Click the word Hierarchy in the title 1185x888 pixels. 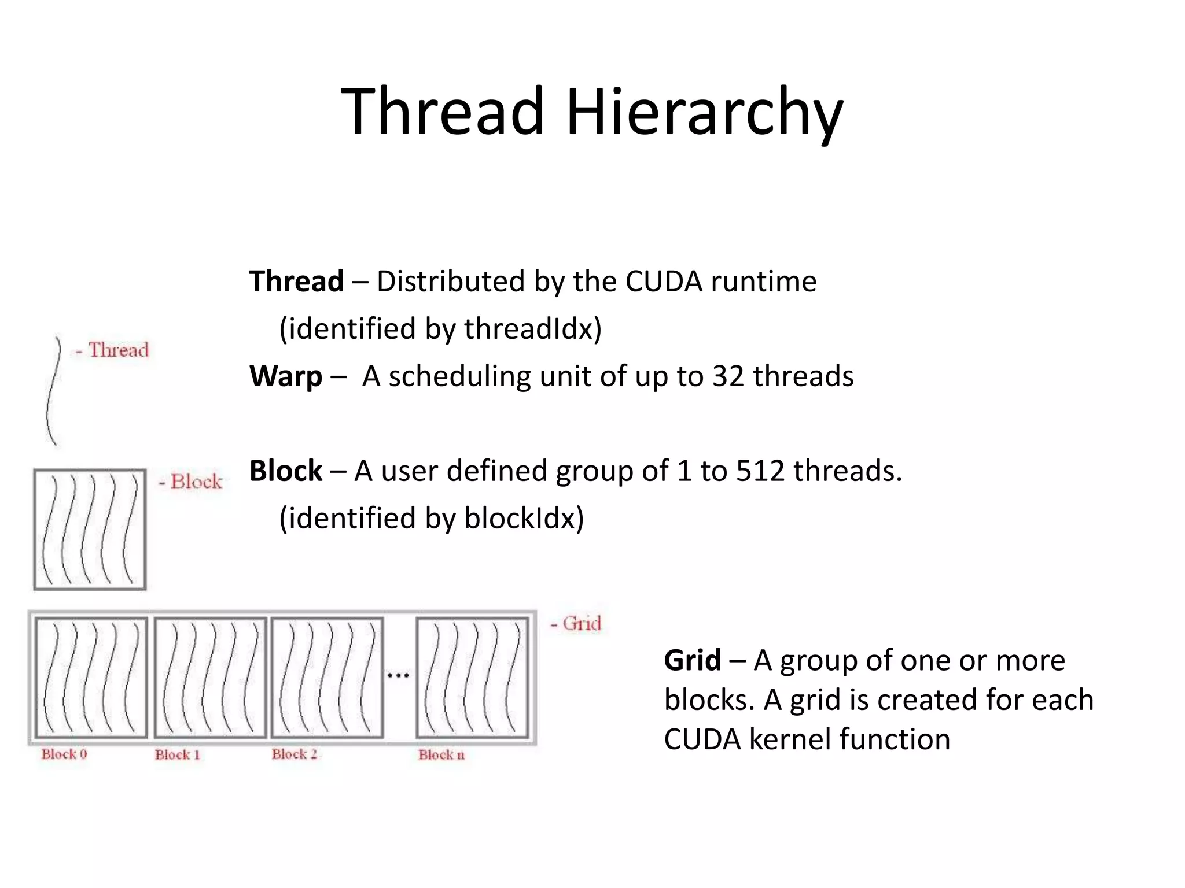(x=704, y=113)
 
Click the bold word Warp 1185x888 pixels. (x=285, y=376)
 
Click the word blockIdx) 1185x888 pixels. (x=524, y=518)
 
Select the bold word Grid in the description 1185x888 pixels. (x=692, y=660)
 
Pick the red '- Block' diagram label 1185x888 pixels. (x=191, y=482)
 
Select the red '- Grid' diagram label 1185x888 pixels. (x=576, y=624)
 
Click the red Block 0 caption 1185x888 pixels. (x=64, y=754)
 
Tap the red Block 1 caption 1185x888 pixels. (x=178, y=755)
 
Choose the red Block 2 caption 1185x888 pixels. (x=295, y=754)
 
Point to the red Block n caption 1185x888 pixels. (x=441, y=755)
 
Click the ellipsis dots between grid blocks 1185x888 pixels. (x=398, y=675)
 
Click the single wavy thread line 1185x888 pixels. (x=53, y=392)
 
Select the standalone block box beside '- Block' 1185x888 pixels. (x=90, y=530)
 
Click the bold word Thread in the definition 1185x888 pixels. (x=296, y=282)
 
